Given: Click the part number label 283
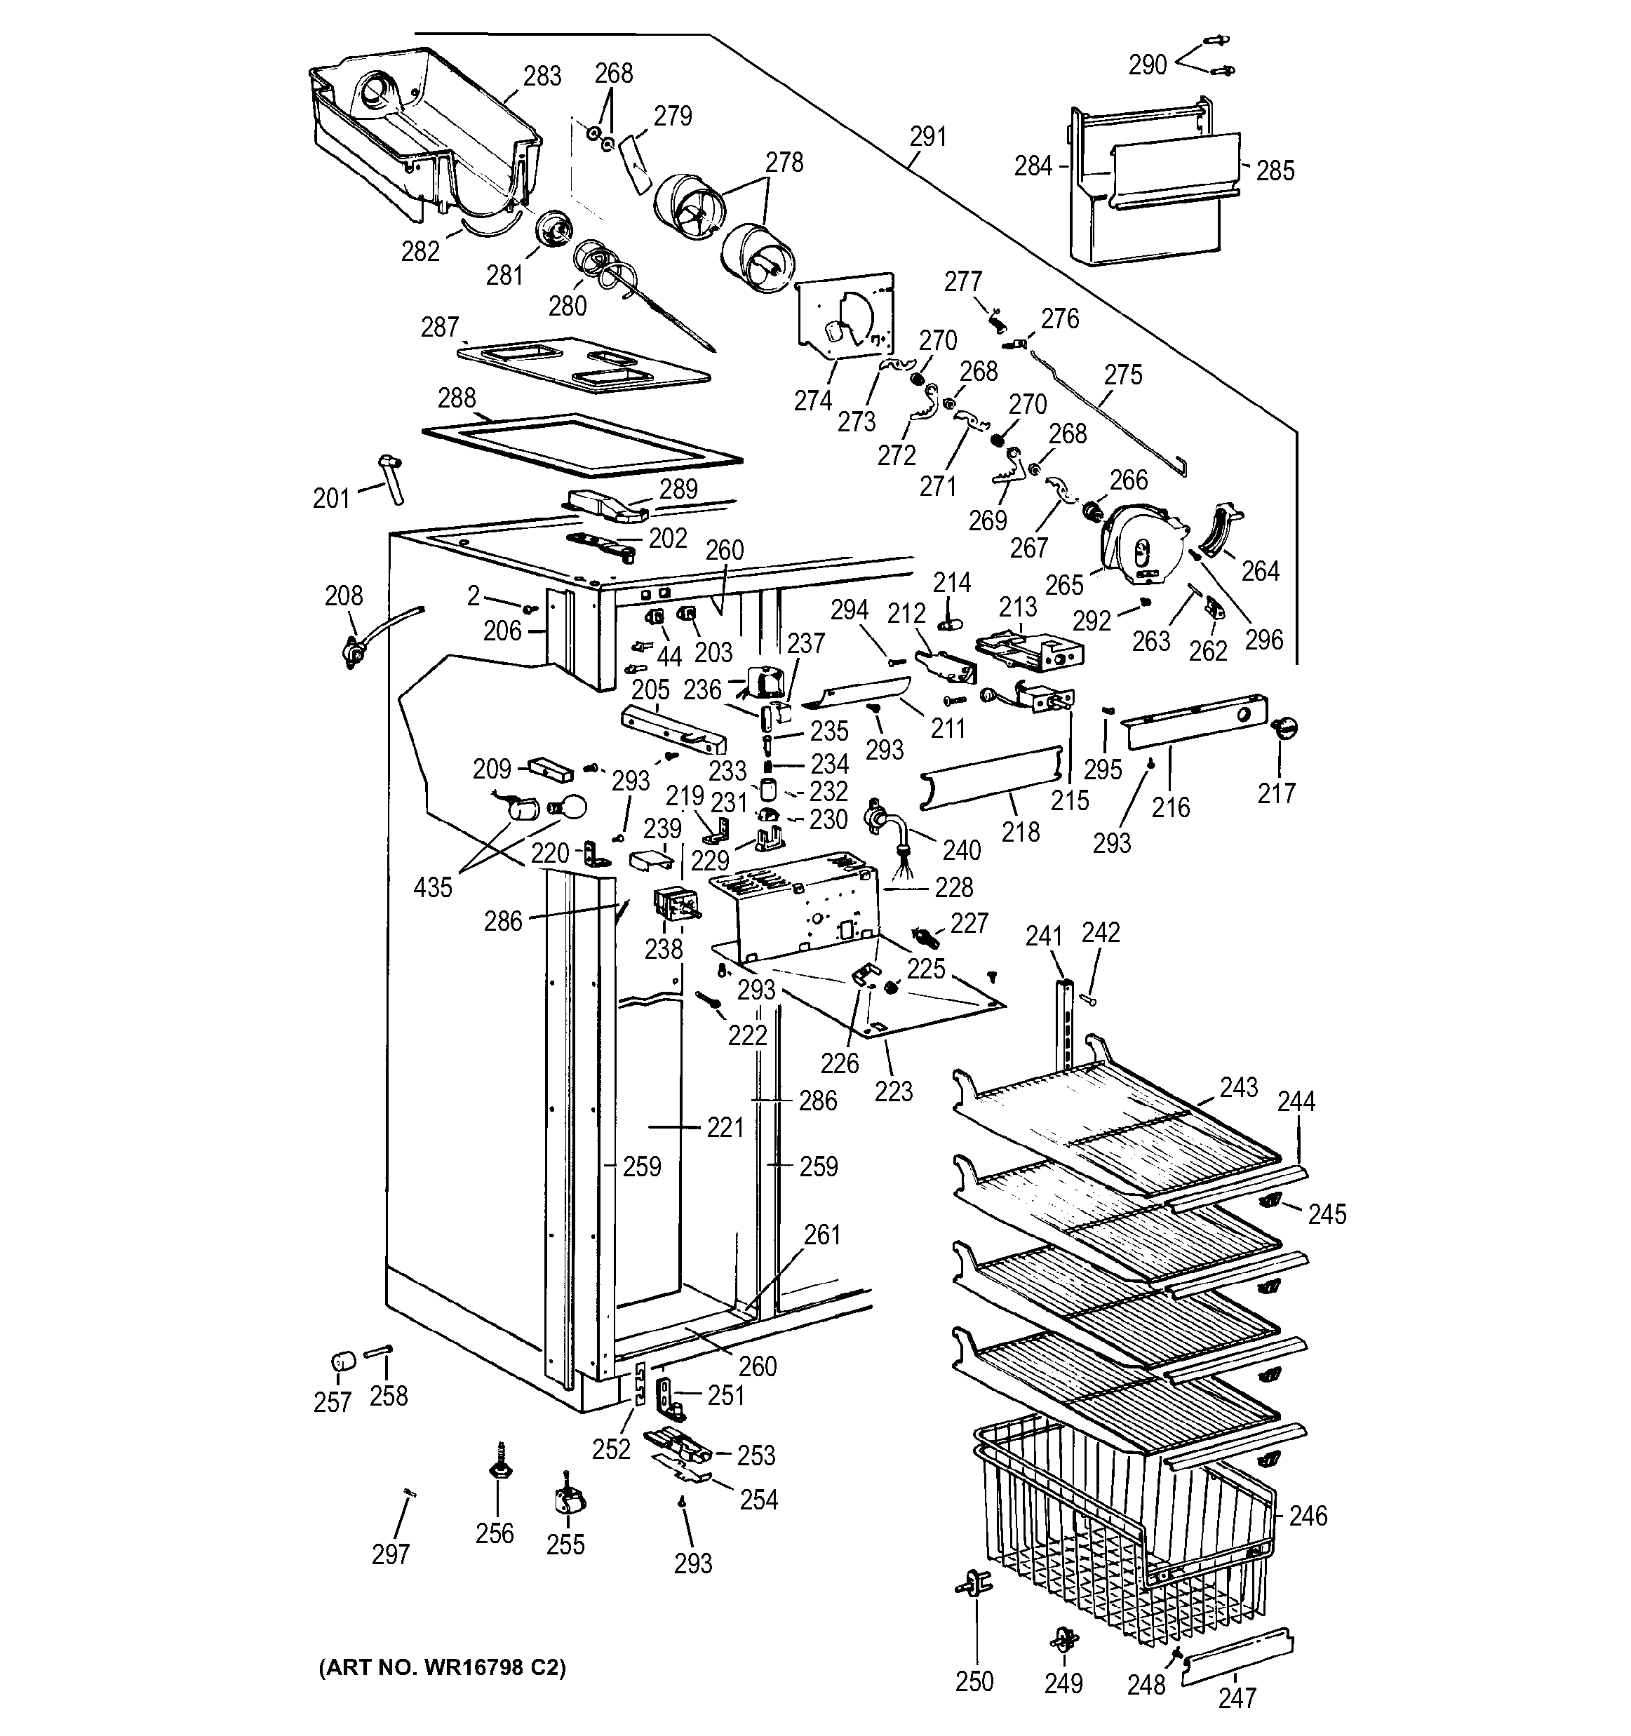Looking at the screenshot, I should (542, 77).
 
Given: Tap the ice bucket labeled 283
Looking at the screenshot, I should (419, 131).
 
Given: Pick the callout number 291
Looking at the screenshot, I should (927, 136).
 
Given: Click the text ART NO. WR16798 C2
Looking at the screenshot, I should (442, 1668).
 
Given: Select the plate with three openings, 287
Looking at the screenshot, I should (582, 364).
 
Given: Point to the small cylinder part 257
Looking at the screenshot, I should (343, 1362).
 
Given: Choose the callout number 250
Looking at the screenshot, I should (974, 1681).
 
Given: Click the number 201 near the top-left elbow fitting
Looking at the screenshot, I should (331, 499).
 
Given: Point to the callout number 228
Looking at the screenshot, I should (953, 888).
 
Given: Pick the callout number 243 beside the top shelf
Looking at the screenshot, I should (1239, 1087).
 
